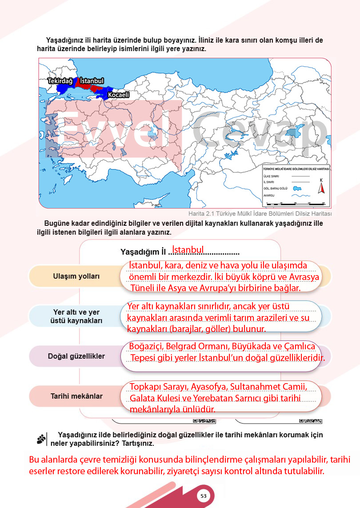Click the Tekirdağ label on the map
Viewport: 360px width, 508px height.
click(x=60, y=81)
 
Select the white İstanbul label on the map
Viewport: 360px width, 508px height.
click(x=92, y=81)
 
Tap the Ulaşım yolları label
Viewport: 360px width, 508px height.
click(x=73, y=276)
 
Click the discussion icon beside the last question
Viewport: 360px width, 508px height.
click(x=42, y=439)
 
